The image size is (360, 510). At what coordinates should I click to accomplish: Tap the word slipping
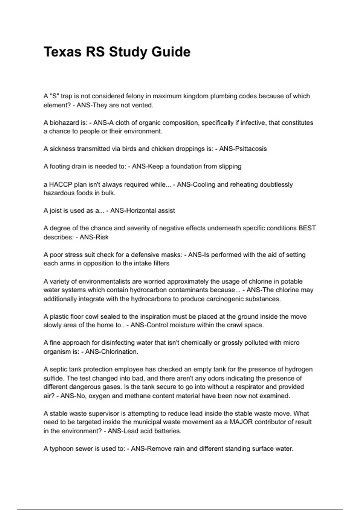(230, 166)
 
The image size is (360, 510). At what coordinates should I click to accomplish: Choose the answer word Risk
(102, 237)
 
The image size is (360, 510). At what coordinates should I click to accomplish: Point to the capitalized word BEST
(307, 228)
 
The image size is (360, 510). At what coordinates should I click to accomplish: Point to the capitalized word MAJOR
(241, 422)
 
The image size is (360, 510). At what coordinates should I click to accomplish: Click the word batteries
(167, 431)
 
